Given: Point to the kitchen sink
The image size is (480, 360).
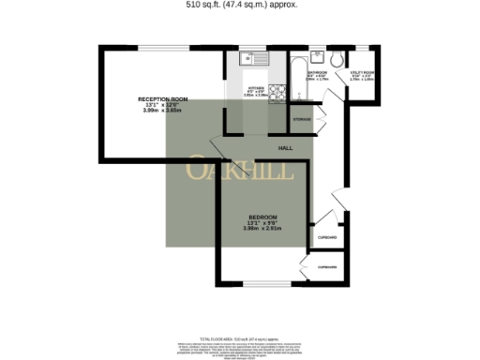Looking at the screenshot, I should pyautogui.click(x=254, y=59).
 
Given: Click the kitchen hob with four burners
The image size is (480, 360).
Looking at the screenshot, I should pyautogui.click(x=276, y=93).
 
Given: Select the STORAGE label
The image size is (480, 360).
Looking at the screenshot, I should pyautogui.click(x=301, y=120).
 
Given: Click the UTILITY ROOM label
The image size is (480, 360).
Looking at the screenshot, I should pyautogui.click(x=362, y=71).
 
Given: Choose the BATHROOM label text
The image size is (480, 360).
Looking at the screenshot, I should pyautogui.click(x=317, y=71).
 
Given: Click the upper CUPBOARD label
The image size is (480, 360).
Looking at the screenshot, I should pyautogui.click(x=327, y=237).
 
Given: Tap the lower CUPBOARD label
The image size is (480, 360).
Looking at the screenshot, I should pyautogui.click(x=327, y=268).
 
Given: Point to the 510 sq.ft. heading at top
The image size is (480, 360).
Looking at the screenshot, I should pyautogui.click(x=240, y=4).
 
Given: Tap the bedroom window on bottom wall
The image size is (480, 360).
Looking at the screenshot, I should pyautogui.click(x=272, y=283).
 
